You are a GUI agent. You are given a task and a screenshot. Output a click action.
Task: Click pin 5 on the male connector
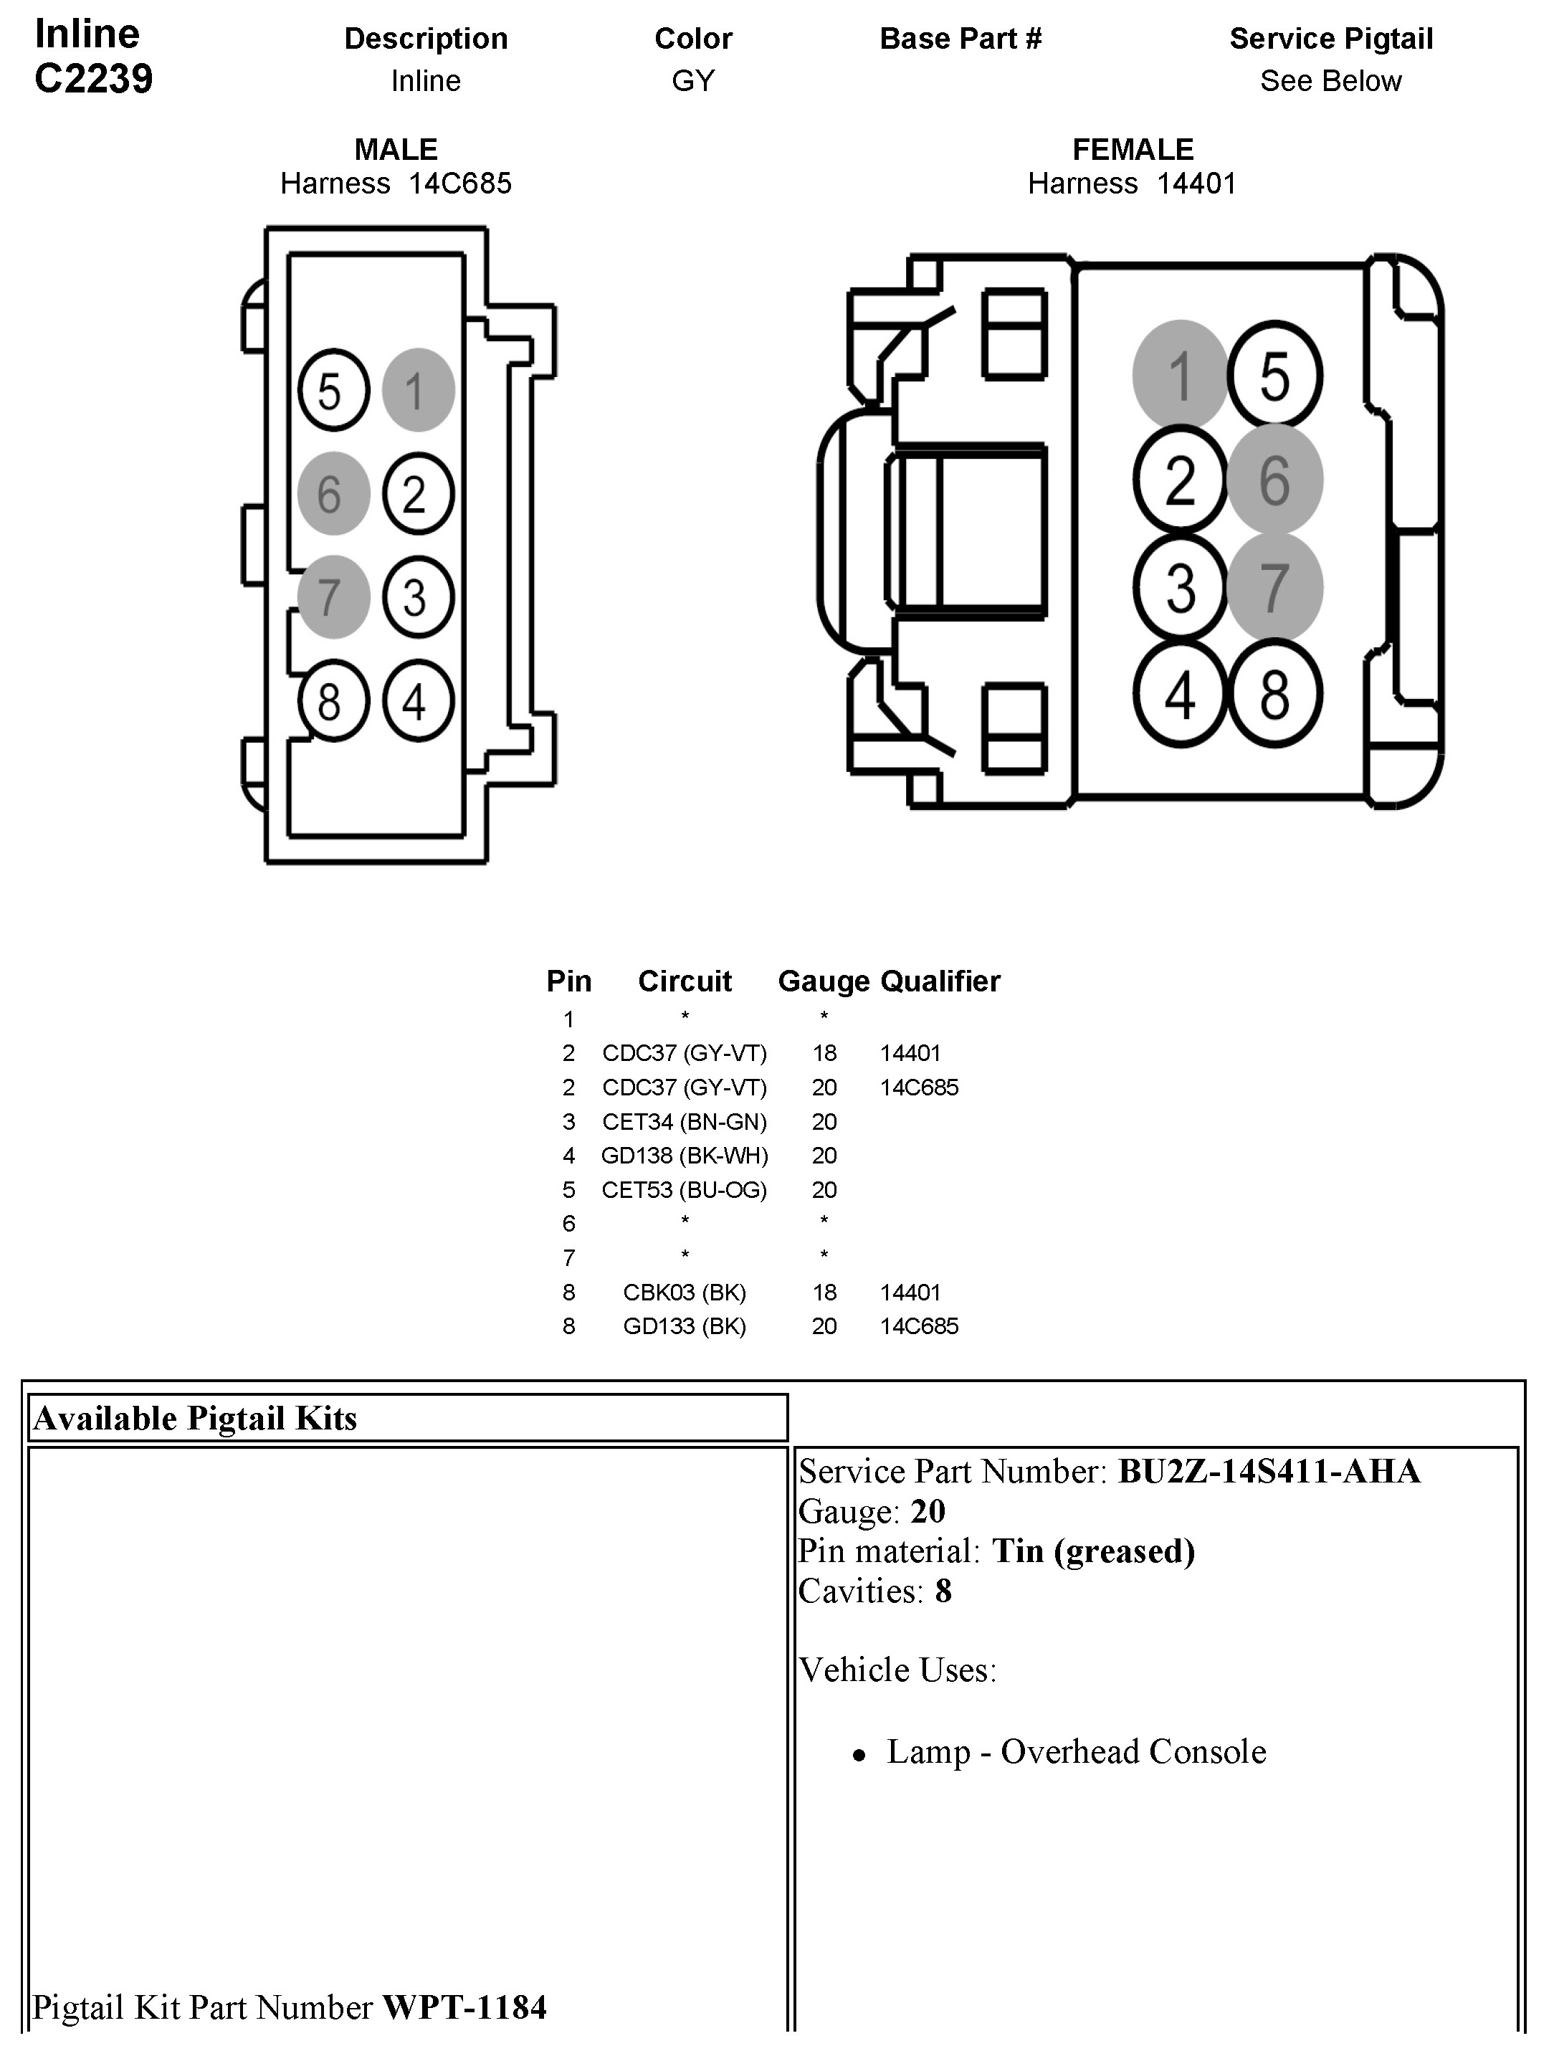333,391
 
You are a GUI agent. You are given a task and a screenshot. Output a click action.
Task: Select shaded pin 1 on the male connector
417,391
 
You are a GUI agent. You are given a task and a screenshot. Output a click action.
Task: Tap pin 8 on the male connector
333,701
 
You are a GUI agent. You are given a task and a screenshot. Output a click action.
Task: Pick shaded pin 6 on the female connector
1274,480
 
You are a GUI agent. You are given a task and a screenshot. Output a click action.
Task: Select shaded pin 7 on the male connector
333,596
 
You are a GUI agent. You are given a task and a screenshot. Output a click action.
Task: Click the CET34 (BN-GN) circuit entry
684,1122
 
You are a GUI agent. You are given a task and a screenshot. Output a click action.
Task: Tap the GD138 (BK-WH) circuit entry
684,1156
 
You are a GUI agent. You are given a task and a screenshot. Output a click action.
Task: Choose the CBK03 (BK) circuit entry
684,1292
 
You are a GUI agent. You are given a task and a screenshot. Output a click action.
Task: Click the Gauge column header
824,981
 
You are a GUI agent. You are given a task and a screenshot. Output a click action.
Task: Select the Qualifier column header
940,981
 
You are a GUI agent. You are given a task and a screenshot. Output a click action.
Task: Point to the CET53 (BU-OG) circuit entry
684,1190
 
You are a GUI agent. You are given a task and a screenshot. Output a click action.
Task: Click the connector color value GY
693,81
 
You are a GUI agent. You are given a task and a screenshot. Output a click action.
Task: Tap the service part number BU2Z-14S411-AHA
1269,1471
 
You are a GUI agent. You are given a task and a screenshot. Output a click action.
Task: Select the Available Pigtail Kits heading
195,1419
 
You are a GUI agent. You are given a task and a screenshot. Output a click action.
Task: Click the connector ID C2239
93,79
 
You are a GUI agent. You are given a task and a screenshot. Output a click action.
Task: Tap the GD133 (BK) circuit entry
684,1326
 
